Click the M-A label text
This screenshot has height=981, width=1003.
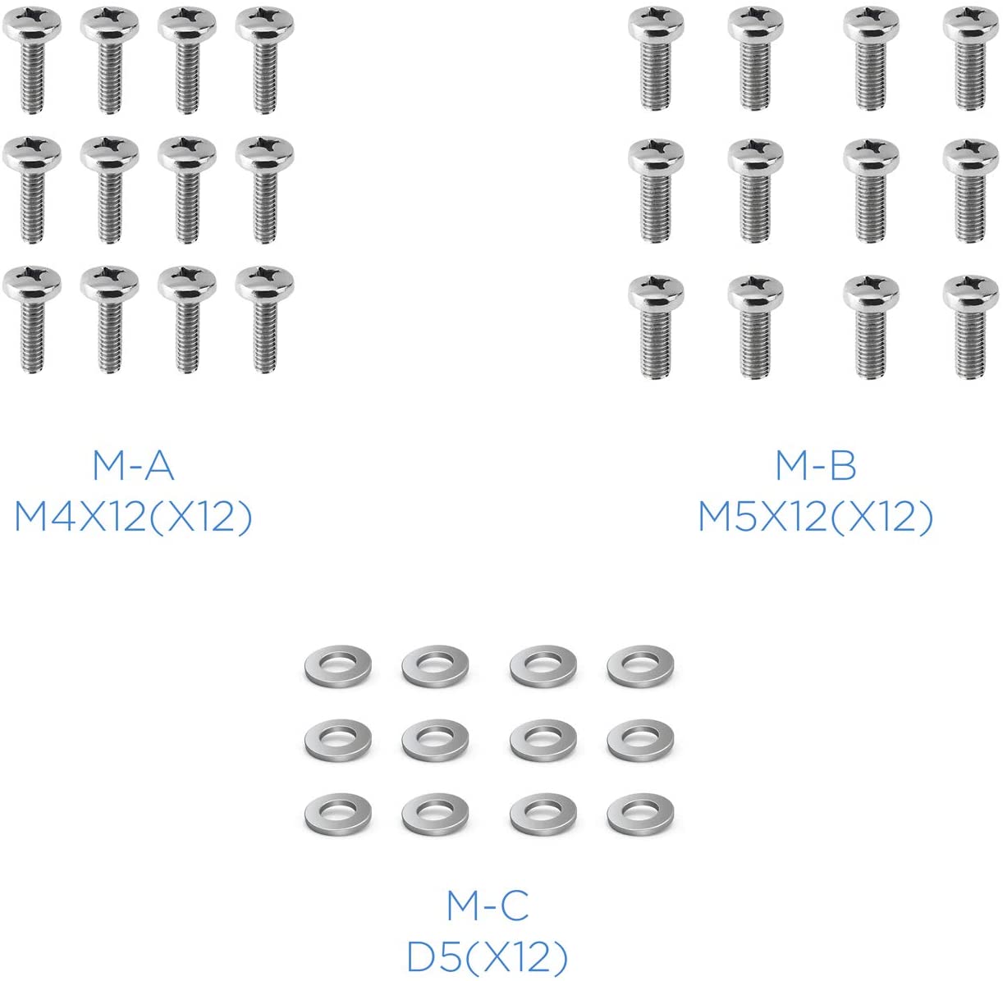pos(133,466)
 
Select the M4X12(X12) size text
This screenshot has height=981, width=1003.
pos(133,518)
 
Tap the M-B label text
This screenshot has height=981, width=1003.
pos(815,466)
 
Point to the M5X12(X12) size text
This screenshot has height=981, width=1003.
pos(815,518)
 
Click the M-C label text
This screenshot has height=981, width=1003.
pos(488,906)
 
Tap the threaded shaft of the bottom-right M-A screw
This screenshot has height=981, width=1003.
pos(265,337)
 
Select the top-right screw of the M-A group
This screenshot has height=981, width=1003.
pos(265,60)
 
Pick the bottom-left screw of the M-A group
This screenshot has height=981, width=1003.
pos(32,319)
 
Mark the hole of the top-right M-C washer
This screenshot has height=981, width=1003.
pos(639,662)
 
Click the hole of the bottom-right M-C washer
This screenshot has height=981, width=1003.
pos(639,810)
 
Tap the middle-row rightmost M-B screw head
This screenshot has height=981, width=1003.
pos(971,156)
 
